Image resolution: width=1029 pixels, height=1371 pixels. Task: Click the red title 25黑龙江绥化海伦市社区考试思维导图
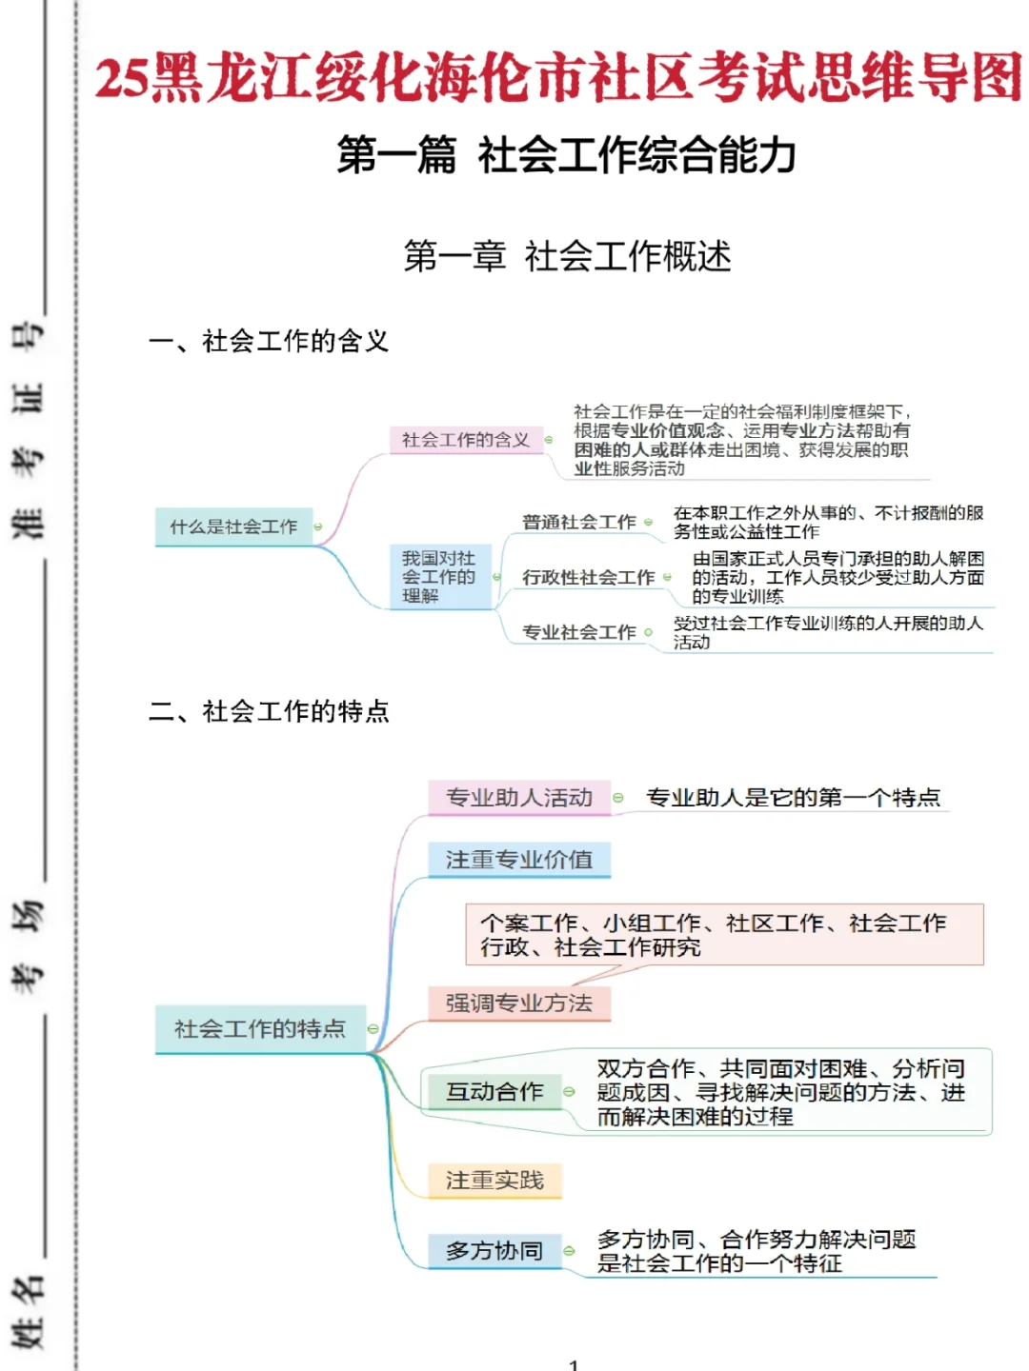pyautogui.click(x=557, y=78)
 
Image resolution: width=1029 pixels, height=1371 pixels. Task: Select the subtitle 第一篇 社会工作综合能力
pyautogui.click(x=566, y=155)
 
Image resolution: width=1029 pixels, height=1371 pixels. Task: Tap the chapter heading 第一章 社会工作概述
pyautogui.click(x=567, y=256)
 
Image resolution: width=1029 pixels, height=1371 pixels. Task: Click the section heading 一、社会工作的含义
pyautogui.click(x=269, y=341)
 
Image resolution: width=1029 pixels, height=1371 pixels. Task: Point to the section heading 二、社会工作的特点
pyautogui.click(x=269, y=711)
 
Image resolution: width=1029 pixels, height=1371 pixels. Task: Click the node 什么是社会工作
pyautogui.click(x=233, y=527)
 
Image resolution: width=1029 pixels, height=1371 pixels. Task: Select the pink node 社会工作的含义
pyautogui.click(x=465, y=440)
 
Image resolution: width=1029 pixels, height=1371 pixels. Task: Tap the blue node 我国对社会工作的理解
pyautogui.click(x=438, y=577)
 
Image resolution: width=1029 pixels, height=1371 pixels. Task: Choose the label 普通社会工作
pyautogui.click(x=578, y=522)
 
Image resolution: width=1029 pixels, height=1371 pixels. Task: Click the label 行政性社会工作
pyautogui.click(x=588, y=577)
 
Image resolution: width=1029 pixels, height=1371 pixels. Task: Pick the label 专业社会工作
pyautogui.click(x=578, y=632)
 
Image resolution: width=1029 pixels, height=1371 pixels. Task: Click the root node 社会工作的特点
pyautogui.click(x=259, y=1028)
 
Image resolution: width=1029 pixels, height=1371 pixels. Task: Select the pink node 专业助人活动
pyautogui.click(x=519, y=798)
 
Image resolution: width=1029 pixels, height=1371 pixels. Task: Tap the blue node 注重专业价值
pyautogui.click(x=519, y=860)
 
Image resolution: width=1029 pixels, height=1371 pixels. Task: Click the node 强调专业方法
pyautogui.click(x=519, y=1003)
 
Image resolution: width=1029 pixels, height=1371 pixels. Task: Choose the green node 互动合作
pyautogui.click(x=494, y=1091)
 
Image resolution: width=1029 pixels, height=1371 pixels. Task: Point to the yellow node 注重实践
pyautogui.click(x=494, y=1181)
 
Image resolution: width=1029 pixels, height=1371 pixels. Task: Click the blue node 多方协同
pyautogui.click(x=494, y=1250)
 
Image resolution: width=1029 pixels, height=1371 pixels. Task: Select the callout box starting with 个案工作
pyautogui.click(x=724, y=935)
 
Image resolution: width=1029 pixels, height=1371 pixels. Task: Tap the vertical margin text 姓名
pyautogui.click(x=29, y=1312)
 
